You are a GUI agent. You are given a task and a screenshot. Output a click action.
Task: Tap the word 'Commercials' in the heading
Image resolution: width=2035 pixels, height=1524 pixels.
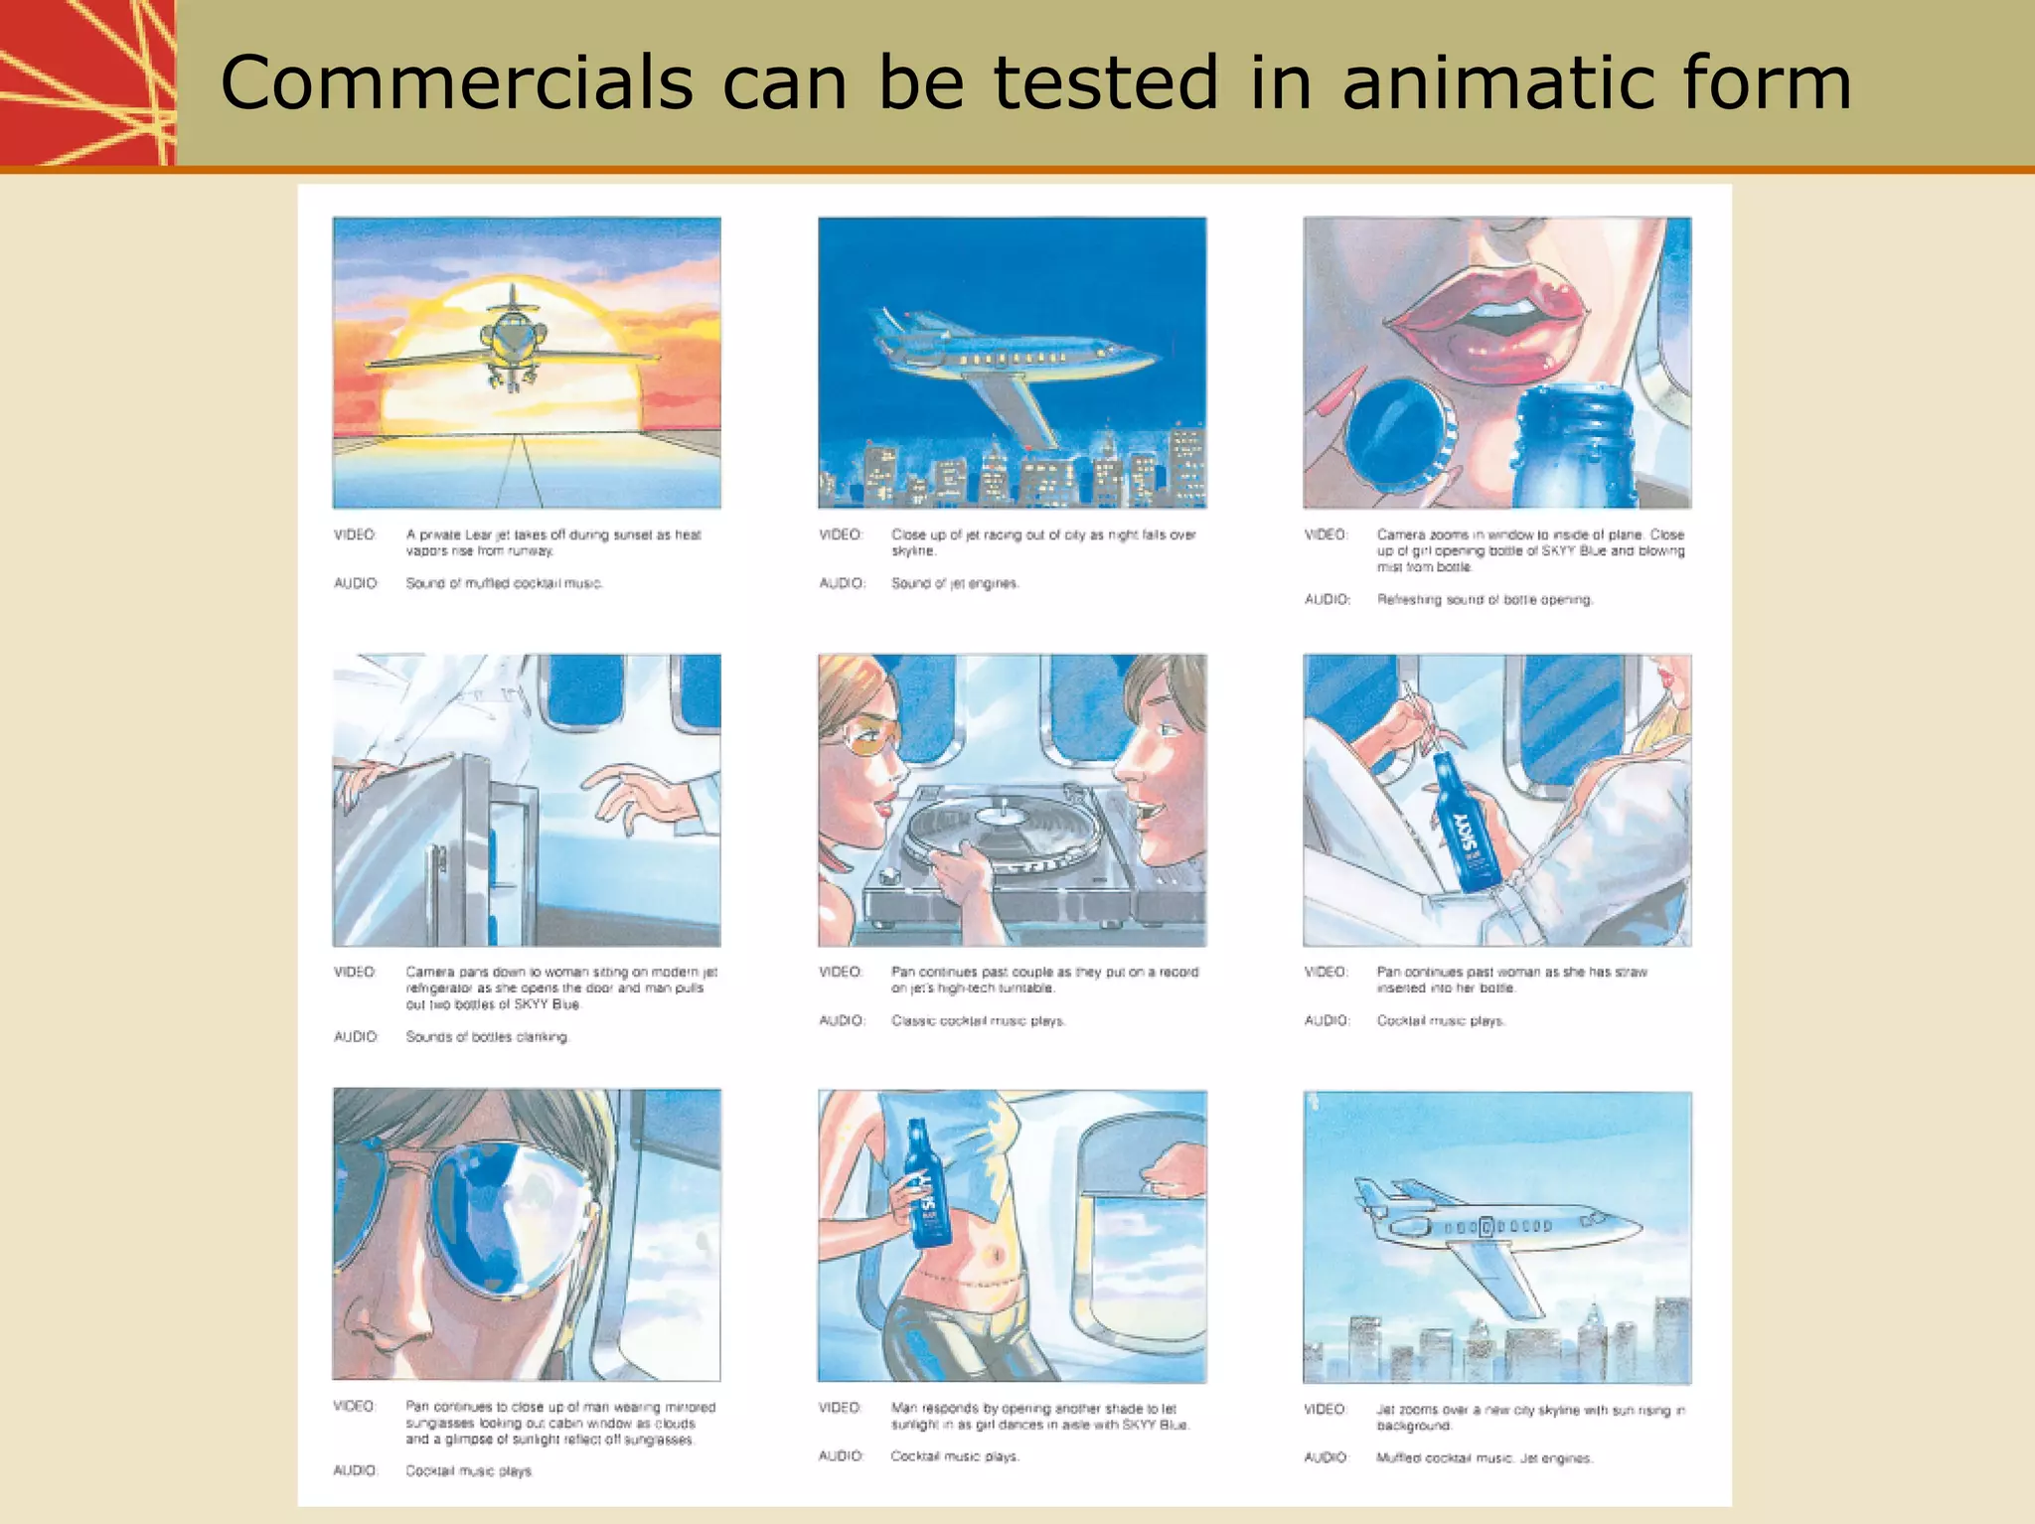(456, 82)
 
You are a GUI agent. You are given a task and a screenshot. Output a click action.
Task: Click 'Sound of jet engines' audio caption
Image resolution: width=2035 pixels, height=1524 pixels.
(955, 583)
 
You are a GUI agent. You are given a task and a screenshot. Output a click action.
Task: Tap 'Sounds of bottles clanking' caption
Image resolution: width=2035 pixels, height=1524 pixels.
(487, 1037)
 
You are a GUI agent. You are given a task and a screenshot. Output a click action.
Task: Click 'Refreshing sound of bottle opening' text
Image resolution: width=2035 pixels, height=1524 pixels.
(1485, 600)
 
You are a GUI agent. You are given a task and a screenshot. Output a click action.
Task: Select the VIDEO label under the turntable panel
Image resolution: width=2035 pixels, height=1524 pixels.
(841, 972)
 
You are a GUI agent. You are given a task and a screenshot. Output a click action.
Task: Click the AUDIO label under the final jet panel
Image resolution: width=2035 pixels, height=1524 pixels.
(1326, 1457)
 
